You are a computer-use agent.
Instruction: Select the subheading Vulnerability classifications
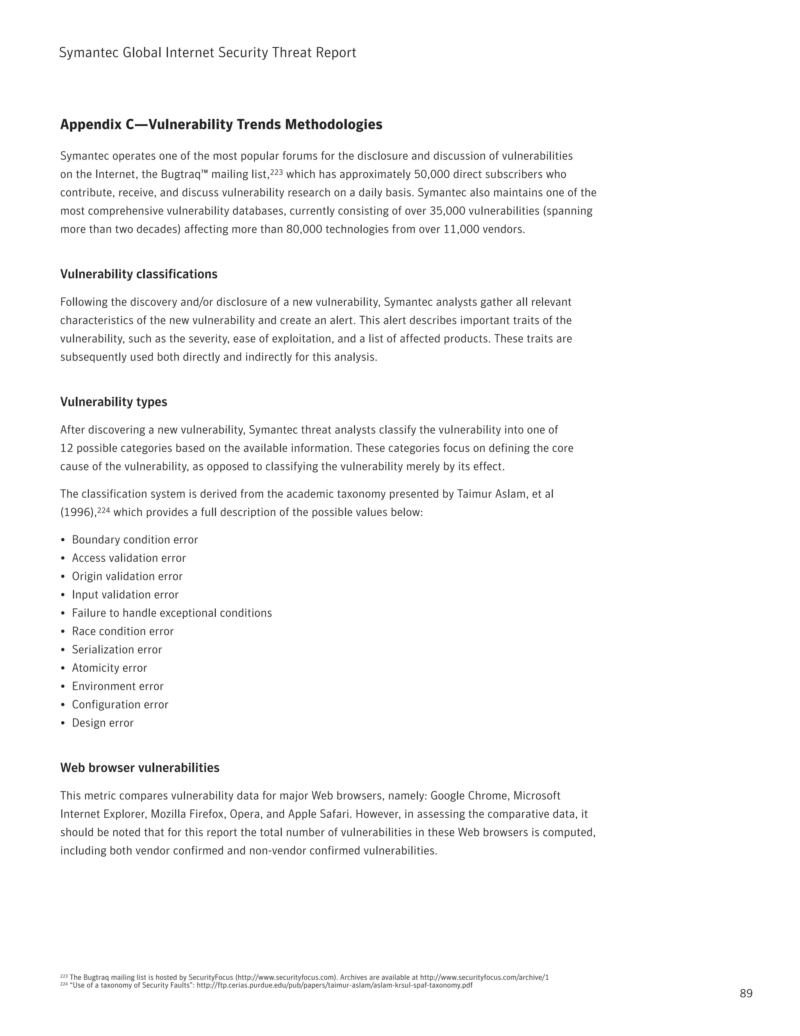point(138,274)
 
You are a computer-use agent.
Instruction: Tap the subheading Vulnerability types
point(113,402)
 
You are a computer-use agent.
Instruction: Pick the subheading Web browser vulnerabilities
point(139,767)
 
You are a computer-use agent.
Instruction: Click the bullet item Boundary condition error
point(135,540)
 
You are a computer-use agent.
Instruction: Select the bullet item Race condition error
point(122,631)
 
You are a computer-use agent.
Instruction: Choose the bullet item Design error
point(102,723)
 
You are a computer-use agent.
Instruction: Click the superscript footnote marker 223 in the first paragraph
point(276,172)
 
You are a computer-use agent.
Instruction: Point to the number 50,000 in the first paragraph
point(431,175)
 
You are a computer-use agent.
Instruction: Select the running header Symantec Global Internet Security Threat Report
point(207,53)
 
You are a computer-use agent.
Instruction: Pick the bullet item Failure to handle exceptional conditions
point(171,613)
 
